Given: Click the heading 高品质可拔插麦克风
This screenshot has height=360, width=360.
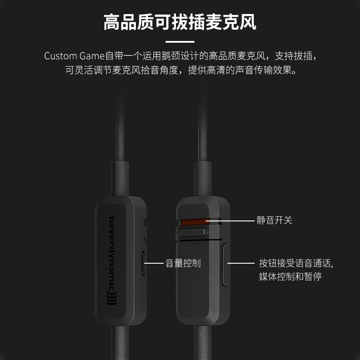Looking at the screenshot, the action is click(x=180, y=22).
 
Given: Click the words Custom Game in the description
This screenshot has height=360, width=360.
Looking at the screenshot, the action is click(x=74, y=56).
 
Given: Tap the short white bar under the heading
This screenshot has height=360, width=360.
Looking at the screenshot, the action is click(x=180, y=41).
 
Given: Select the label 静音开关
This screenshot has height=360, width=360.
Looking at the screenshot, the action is click(x=274, y=220).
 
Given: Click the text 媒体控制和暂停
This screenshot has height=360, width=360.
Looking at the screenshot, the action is click(x=290, y=276).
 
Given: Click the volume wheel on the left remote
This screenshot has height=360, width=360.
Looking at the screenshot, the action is click(x=143, y=263).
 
